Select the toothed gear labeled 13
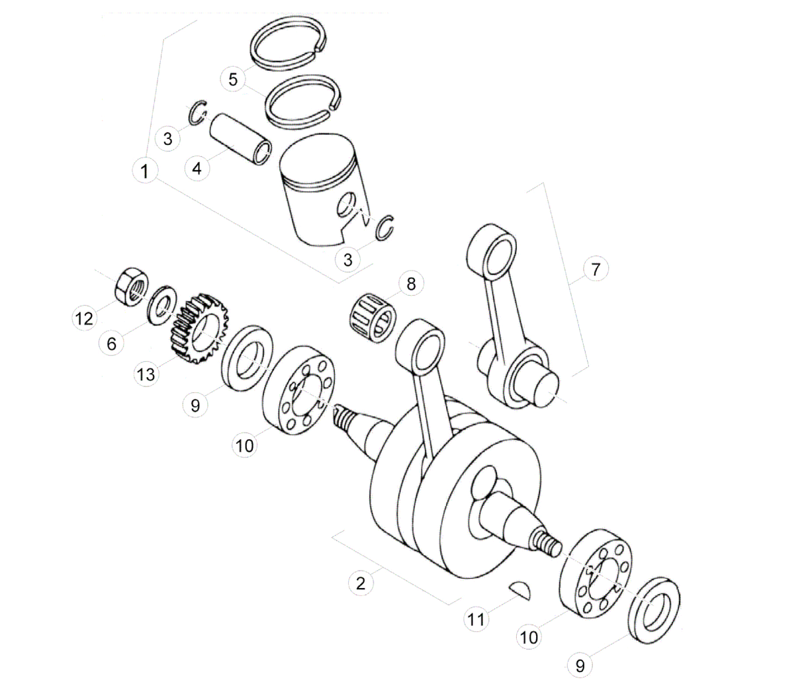(x=199, y=328)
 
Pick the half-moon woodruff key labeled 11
(x=520, y=590)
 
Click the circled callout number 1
(x=145, y=171)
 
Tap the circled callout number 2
(x=361, y=583)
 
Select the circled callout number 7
(x=596, y=269)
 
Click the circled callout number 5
(x=233, y=79)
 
